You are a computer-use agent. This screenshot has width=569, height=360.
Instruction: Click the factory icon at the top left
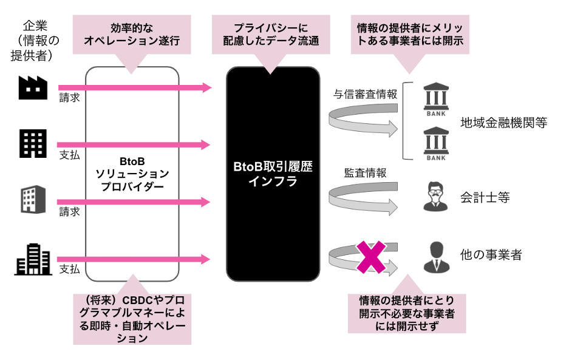point(33,89)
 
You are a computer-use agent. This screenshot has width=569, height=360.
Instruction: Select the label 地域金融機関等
point(503,123)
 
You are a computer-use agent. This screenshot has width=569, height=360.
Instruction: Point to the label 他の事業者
point(491,254)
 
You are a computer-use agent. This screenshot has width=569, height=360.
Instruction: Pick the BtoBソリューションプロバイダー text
point(132,174)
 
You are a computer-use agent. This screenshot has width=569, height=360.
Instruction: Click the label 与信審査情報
point(365,93)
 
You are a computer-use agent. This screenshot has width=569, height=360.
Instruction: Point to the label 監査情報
point(365,172)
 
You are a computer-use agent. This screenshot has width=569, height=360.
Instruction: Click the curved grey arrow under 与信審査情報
point(363,120)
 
